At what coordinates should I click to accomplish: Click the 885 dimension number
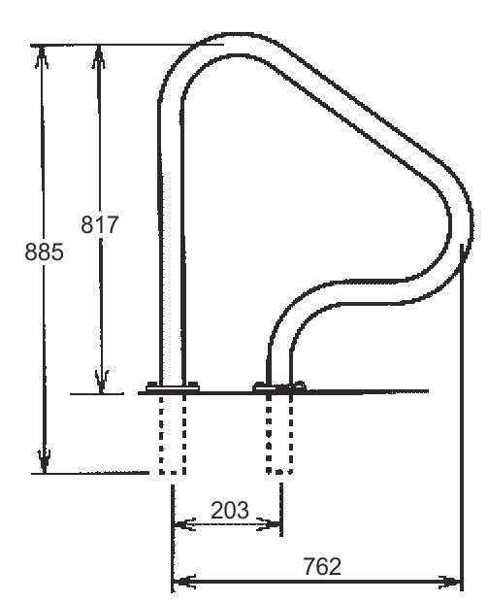[x=44, y=252]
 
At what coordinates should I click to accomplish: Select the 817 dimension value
[x=100, y=224]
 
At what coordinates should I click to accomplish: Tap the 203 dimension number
[x=230, y=510]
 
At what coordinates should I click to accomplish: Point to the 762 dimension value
[x=322, y=566]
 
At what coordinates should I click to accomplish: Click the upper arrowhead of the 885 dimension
[x=42, y=57]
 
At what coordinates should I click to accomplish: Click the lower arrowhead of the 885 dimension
[x=45, y=461]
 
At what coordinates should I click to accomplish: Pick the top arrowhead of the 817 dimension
[x=99, y=57]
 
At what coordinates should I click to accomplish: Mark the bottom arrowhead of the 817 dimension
[x=102, y=382]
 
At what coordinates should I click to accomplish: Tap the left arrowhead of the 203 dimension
[x=184, y=523]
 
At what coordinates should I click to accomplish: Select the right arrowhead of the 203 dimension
[x=268, y=523]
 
